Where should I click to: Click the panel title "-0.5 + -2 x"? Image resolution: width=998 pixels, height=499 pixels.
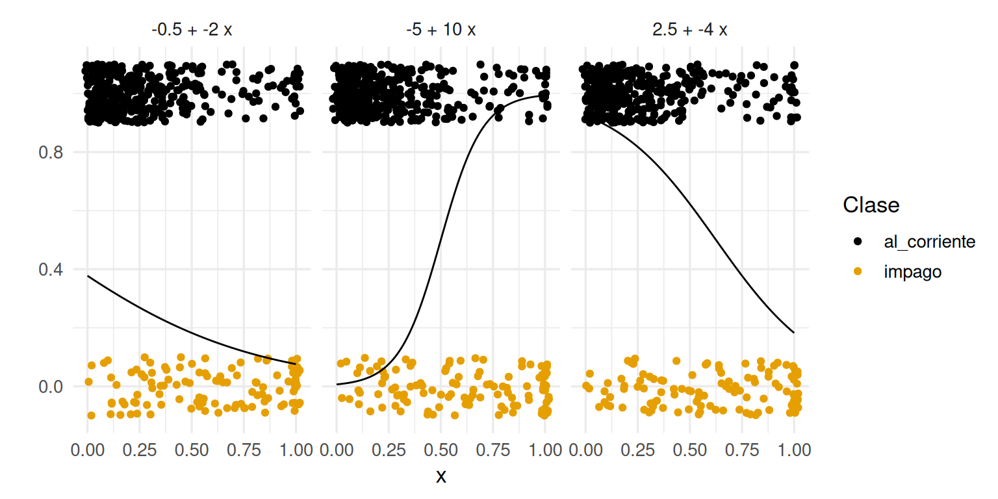tap(192, 30)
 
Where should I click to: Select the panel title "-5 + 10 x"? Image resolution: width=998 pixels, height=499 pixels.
tap(441, 30)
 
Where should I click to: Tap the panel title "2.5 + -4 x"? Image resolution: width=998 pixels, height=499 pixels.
tap(690, 30)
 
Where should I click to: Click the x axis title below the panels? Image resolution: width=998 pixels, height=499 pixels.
tap(441, 476)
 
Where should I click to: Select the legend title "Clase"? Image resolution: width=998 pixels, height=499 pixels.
tap(871, 205)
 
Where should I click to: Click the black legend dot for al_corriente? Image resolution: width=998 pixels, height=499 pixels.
tap(858, 242)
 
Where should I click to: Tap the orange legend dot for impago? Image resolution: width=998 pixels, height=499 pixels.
tap(858, 272)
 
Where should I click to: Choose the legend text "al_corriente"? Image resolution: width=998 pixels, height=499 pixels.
tap(929, 242)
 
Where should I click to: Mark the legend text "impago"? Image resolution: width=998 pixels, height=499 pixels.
tap(912, 272)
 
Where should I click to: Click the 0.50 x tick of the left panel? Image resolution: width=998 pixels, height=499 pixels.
tap(192, 450)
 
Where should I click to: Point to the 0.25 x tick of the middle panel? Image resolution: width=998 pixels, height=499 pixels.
tap(389, 450)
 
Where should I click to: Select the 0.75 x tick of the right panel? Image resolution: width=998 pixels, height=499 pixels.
tap(742, 450)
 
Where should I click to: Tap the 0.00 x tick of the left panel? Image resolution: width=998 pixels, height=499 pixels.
tap(88, 450)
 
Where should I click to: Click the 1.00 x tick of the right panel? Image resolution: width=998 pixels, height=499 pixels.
tap(794, 450)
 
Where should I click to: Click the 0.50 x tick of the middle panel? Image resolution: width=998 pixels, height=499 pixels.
tap(441, 450)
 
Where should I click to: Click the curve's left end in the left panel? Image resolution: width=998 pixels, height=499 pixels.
tap(88, 276)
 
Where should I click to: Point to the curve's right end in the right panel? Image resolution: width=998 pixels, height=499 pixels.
tap(794, 333)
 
